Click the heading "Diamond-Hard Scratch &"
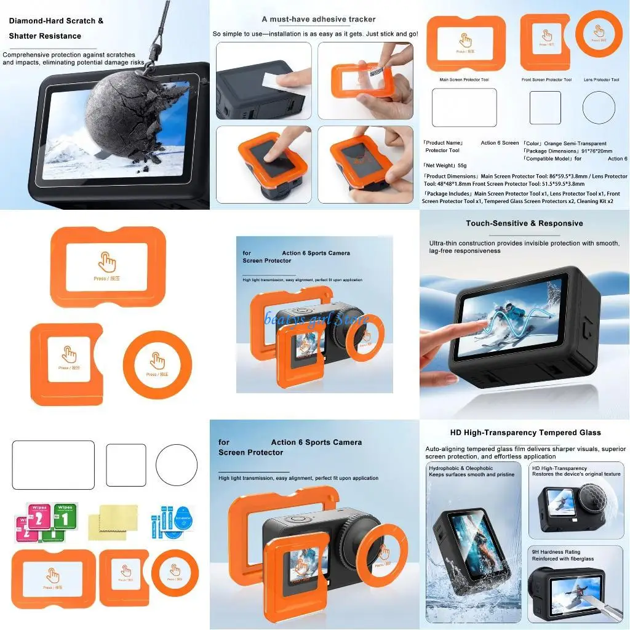(56, 21)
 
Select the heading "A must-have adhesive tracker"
(318, 19)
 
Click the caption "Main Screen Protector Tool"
(465, 80)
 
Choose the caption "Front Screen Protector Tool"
(546, 80)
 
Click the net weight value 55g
(463, 165)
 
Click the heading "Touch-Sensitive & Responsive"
(524, 223)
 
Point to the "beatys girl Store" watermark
(316, 319)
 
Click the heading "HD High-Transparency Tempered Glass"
(525, 433)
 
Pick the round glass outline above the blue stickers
(176, 466)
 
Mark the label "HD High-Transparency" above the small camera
(559, 468)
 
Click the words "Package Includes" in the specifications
(447, 194)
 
